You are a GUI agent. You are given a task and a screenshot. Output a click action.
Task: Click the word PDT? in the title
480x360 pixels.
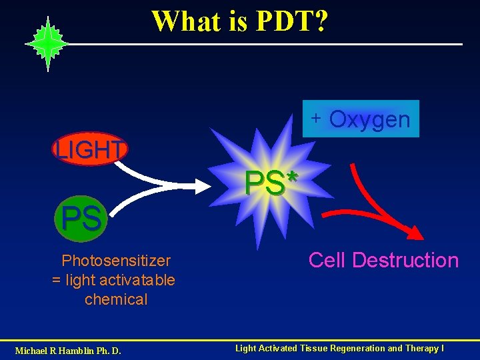tap(291, 21)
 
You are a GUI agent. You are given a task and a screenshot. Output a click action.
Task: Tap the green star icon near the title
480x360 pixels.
tap(47, 44)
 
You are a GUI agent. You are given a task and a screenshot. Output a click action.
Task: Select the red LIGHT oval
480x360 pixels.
tap(90, 149)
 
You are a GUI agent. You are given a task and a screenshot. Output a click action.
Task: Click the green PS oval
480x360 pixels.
tap(82, 218)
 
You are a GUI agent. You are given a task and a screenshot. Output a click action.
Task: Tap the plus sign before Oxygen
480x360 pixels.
tap(317, 118)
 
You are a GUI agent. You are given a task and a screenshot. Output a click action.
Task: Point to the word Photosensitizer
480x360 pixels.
tap(116, 261)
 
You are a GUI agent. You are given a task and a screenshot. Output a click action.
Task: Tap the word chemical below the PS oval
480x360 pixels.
tap(116, 299)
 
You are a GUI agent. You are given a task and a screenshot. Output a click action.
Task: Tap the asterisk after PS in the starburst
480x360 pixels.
tap(292, 177)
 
